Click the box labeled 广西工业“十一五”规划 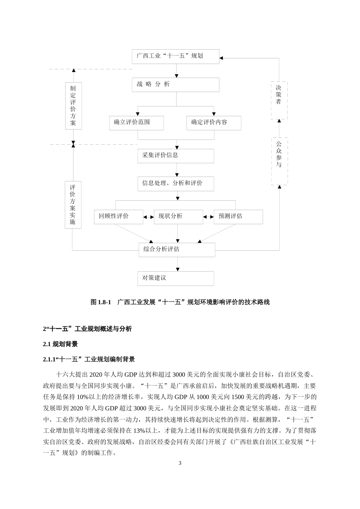point(175,56)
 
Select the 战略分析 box point(175,84)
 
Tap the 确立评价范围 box point(136,123)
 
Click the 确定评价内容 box point(214,123)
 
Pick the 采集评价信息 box point(175,156)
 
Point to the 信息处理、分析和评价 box point(175,184)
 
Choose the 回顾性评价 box point(118,217)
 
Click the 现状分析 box point(178,217)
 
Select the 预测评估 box point(238,217)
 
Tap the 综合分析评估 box point(177,250)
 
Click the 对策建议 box point(175,278)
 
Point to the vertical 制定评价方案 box point(73,106)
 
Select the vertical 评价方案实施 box point(73,205)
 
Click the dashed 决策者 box point(279,100)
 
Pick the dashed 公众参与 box point(279,161)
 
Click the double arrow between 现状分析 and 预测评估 point(208,217)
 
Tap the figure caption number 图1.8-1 point(100,302)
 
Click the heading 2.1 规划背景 point(60,344)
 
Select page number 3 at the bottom point(180,463)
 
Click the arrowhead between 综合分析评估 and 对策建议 point(177,269)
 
